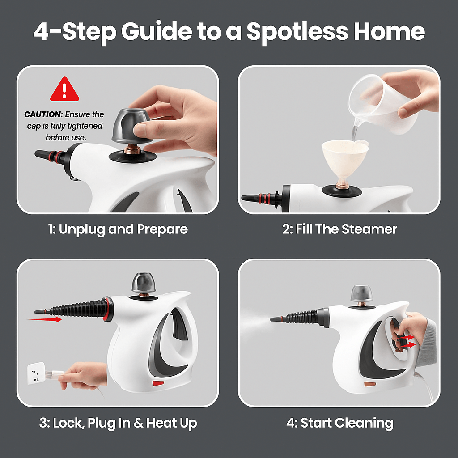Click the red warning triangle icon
pos(64,89)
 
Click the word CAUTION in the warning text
pos(39,115)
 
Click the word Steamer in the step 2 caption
pos(369,229)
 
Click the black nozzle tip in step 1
pos(42,153)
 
